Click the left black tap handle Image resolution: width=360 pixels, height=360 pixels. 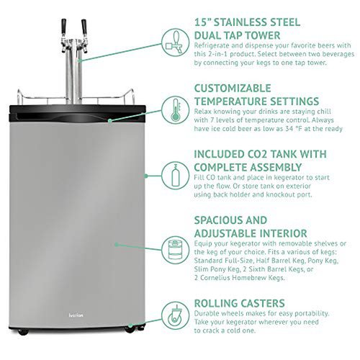tap(63, 26)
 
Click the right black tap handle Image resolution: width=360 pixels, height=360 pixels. tap(84, 27)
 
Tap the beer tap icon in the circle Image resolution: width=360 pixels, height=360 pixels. tap(176, 42)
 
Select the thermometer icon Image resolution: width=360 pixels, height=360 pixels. tap(176, 110)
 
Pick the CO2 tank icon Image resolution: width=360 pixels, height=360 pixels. tap(176, 176)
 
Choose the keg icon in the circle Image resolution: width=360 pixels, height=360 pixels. tap(176, 250)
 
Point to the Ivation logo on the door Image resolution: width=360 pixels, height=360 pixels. tap(76, 315)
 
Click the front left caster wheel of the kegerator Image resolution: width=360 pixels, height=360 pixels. tap(23, 332)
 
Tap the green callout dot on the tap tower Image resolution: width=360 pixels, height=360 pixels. tap(80, 60)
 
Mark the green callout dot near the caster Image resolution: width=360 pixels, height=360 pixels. tap(130, 325)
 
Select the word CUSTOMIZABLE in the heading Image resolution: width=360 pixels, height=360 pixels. tap(233, 89)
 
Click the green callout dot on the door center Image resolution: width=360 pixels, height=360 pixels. tap(117, 245)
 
